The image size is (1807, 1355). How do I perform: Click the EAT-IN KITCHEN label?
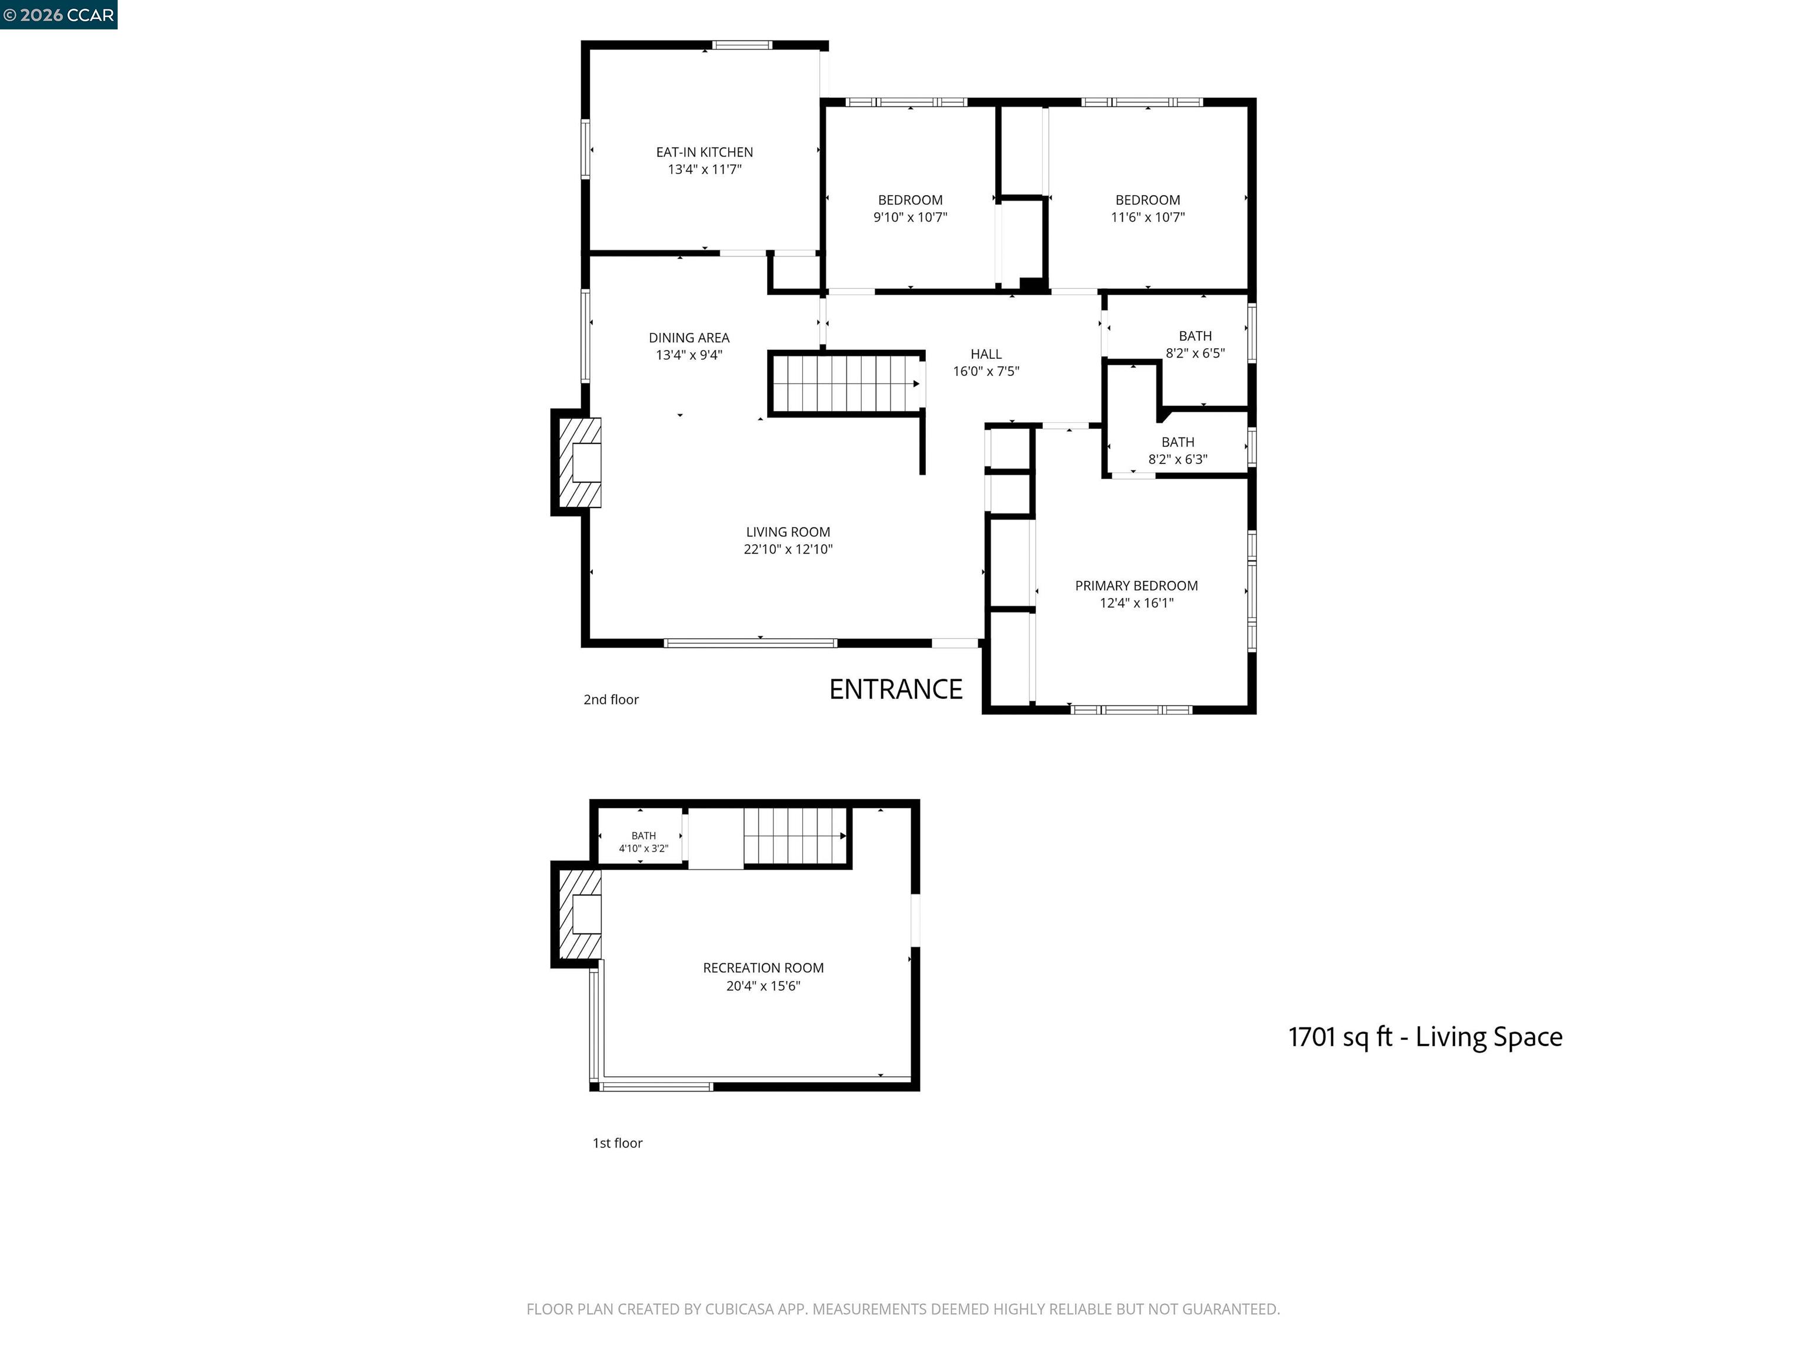[704, 152]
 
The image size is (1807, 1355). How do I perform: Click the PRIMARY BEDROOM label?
[1136, 586]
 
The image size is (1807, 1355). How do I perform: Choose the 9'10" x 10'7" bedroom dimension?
[910, 217]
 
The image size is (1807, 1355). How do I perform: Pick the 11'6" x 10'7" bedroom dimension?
[1148, 217]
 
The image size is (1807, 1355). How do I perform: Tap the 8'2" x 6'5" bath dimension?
[1195, 353]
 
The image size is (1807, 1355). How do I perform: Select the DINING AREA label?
[689, 338]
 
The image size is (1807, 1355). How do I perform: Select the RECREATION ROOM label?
[763, 968]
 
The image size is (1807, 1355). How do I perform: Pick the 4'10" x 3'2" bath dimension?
[644, 849]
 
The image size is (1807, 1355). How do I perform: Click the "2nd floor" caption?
[611, 700]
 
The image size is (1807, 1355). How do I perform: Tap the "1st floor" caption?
[618, 1143]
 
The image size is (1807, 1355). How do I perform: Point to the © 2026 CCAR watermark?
[58, 15]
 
